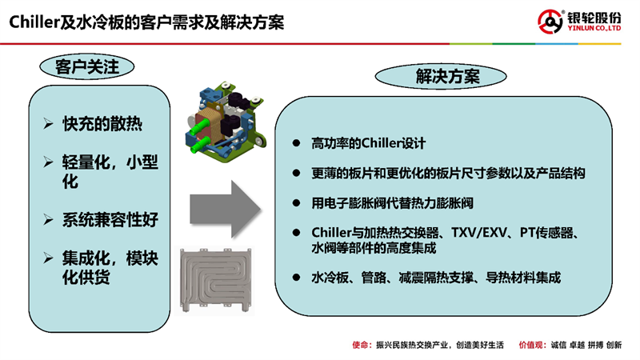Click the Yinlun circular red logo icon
pos(550,22)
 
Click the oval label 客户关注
pos(87,66)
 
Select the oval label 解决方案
pos(441,76)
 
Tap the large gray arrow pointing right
pos(225,210)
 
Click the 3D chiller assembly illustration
pos(225,122)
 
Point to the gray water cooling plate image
pos(215,280)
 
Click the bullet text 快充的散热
pos(102,124)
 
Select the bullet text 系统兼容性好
pos(110,219)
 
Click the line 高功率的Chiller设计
pos(368,143)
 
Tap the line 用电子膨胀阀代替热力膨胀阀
pos(392,203)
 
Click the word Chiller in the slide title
pos(34,22)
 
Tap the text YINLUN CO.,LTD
pos(594,28)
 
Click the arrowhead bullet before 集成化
pos(48,258)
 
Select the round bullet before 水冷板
pos(296,278)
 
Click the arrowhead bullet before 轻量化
pos(48,162)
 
